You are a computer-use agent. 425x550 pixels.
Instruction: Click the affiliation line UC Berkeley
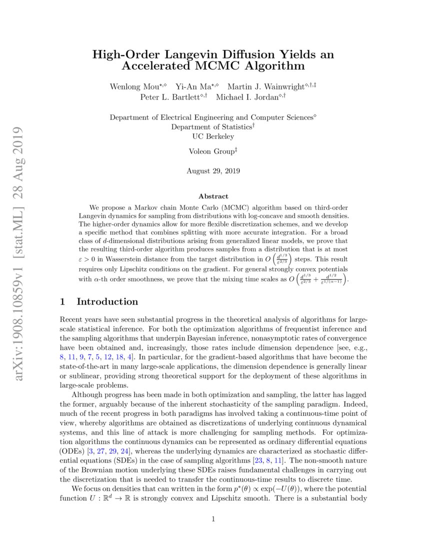[x=213, y=136]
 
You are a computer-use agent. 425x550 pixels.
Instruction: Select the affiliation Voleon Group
[x=211, y=151]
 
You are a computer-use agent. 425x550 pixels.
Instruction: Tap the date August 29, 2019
[x=213, y=171]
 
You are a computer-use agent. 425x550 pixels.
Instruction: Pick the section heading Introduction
[x=107, y=301]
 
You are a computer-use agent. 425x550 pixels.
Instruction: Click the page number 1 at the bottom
[x=213, y=519]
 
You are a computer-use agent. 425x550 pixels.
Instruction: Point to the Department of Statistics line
[x=213, y=127]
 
